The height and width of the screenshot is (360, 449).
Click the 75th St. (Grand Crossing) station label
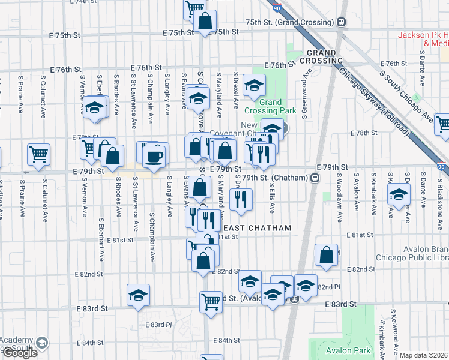(x=289, y=22)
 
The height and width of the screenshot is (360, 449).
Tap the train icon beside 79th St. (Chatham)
(x=315, y=178)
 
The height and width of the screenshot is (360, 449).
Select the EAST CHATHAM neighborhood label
(x=257, y=228)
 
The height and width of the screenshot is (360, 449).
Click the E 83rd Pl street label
(x=158, y=325)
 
